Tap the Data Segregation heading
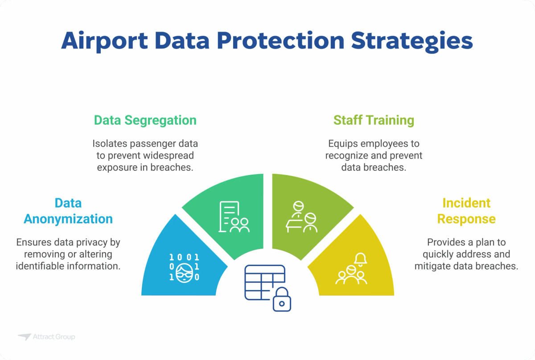pos(145,120)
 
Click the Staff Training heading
pos(374,120)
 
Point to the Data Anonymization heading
pos(68,211)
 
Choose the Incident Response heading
pos(466,211)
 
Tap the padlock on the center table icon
pos(281,301)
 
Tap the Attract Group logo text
pos(54,337)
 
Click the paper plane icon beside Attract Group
pos(24,337)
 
